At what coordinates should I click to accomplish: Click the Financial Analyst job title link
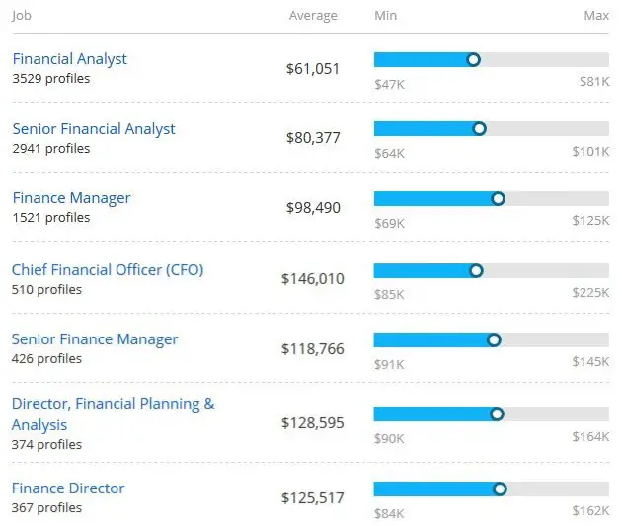tap(69, 59)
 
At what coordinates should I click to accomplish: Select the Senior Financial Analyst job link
tap(94, 129)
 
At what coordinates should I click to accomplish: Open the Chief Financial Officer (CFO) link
tap(108, 269)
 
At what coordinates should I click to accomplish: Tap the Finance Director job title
tap(68, 488)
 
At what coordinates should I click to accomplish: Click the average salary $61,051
tap(312, 68)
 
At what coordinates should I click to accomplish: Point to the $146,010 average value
tap(312, 279)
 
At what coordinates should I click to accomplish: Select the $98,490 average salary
tap(312, 208)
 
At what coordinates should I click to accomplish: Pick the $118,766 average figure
tap(312, 349)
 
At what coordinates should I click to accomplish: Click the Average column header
tap(313, 16)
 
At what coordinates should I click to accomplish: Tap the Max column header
tap(596, 16)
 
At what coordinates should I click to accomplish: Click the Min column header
tap(386, 16)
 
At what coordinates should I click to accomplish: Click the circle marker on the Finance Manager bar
tap(498, 198)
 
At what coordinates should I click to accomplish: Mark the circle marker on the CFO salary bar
tap(476, 270)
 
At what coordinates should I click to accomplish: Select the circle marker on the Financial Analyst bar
tap(473, 60)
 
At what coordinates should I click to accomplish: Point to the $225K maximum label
tap(590, 293)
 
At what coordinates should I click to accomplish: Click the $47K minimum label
tap(389, 83)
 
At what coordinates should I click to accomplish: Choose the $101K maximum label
tap(590, 153)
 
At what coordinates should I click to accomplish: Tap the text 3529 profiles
tap(50, 79)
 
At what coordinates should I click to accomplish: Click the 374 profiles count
tap(46, 445)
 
